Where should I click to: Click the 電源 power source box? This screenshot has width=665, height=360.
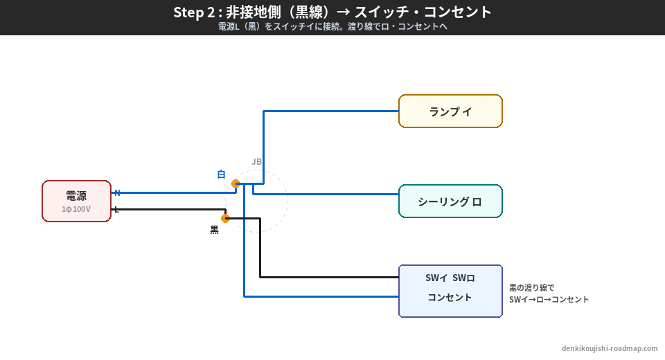(x=76, y=201)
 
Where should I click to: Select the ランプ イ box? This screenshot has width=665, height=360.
(x=450, y=111)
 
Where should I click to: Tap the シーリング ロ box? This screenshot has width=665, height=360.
(x=450, y=201)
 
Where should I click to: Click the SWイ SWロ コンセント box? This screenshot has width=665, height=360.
(x=450, y=291)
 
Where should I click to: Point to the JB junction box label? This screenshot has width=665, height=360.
(x=257, y=162)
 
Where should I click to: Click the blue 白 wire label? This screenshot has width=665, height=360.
(x=221, y=174)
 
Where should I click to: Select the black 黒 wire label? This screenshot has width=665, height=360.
(x=215, y=230)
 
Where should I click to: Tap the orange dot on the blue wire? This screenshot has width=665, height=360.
(x=236, y=184)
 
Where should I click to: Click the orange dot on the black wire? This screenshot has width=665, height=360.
(x=225, y=218)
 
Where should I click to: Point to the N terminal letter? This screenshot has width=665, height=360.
(x=117, y=193)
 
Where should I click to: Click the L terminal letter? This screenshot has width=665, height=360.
(x=116, y=210)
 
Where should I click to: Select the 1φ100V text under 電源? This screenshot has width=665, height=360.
(x=76, y=209)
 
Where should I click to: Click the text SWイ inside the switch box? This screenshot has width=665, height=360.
(x=436, y=278)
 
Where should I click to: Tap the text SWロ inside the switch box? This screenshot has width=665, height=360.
(x=463, y=278)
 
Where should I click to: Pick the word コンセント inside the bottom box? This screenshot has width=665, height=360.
(x=450, y=298)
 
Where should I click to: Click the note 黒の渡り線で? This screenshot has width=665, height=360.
(x=532, y=287)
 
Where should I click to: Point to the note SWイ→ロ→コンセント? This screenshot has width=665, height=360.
(x=549, y=300)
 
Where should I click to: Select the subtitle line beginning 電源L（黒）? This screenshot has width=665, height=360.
(x=332, y=27)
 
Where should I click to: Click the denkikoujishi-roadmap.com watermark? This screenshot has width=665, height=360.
(x=610, y=349)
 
